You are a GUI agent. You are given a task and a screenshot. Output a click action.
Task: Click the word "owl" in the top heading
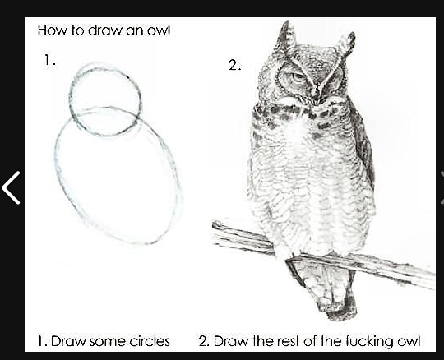159,30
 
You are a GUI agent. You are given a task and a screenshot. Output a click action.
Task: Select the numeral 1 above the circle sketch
47,60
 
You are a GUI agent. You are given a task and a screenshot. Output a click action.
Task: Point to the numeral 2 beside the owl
234,66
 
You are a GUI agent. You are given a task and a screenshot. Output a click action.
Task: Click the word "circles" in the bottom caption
150,341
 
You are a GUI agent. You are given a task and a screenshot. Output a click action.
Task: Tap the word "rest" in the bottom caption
288,341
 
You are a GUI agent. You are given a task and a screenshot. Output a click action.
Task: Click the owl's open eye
297,76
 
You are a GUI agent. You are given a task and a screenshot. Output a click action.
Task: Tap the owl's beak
317,94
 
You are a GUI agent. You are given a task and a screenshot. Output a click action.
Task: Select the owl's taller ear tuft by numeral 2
287,37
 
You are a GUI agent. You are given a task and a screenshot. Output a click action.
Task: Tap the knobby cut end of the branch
218,226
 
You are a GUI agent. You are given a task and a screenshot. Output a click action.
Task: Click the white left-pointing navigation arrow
11,187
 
